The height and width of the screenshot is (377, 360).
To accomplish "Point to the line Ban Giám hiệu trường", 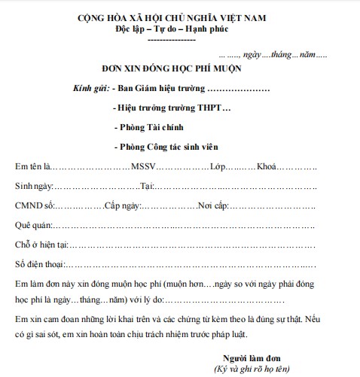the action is coord(157,89).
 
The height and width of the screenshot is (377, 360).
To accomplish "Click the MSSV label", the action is coord(143,166).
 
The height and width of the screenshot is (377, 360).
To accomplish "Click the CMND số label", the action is coord(35,205).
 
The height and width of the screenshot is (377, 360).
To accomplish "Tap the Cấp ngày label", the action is coord(122,205).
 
